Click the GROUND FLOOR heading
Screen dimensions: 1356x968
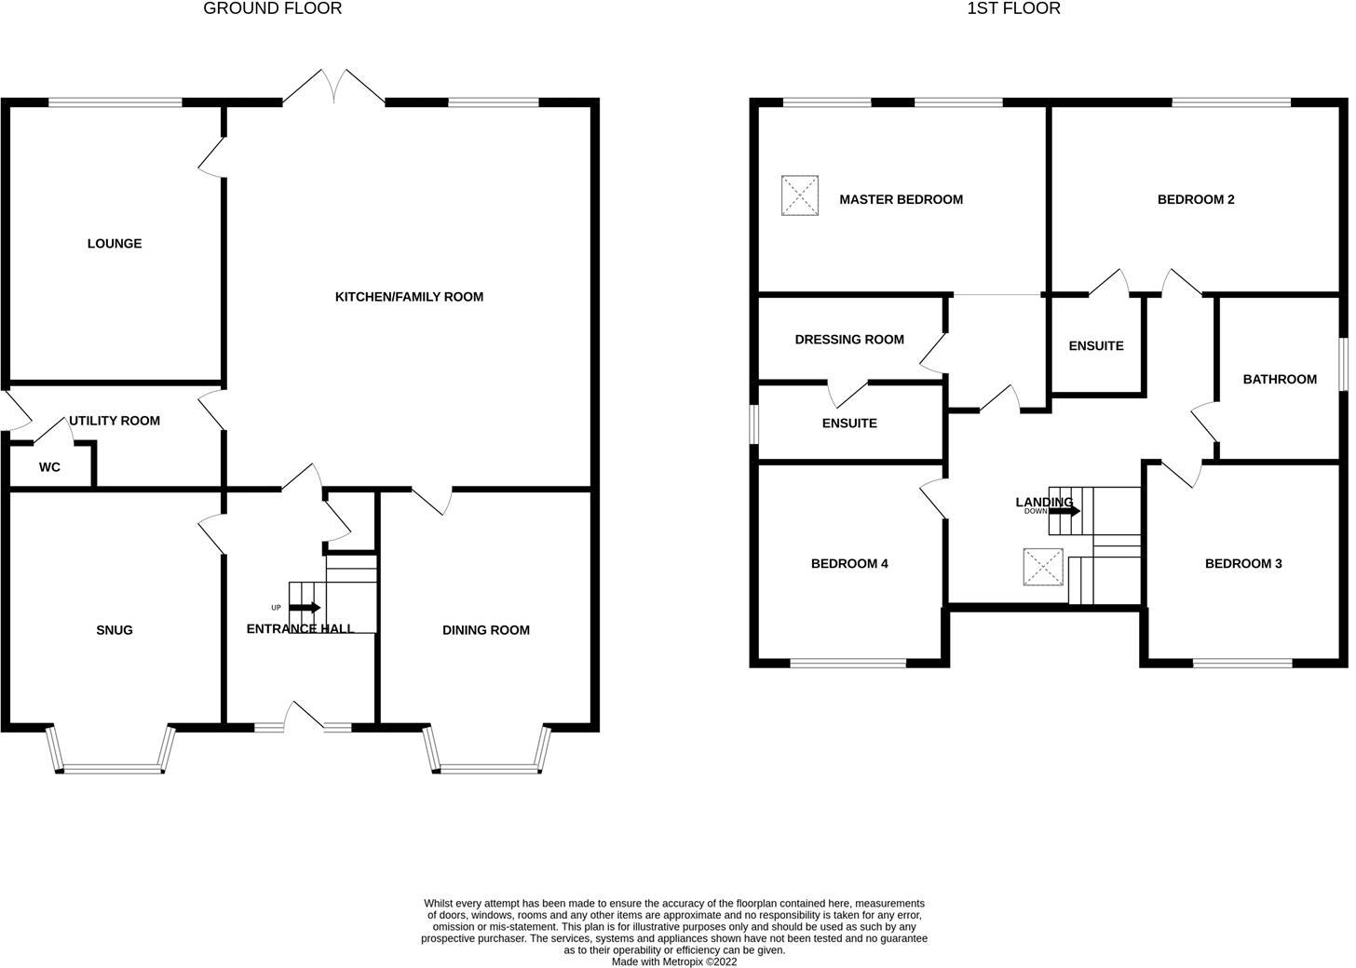click(272, 8)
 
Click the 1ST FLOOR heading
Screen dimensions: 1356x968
click(1013, 8)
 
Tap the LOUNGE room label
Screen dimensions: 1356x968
click(115, 243)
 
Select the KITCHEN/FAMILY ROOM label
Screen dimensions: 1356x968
click(409, 296)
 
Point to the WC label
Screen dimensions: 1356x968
click(49, 467)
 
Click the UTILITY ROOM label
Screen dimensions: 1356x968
click(115, 421)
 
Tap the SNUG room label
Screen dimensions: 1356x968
click(115, 630)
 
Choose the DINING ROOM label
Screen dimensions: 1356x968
click(486, 630)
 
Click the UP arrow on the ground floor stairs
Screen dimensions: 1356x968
click(305, 608)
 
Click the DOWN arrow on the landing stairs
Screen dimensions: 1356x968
click(1064, 511)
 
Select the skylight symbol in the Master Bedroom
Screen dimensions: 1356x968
click(800, 195)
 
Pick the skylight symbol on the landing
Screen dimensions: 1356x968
click(1043, 567)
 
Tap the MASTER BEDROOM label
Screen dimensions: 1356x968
click(901, 199)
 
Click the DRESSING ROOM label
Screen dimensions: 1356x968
click(849, 340)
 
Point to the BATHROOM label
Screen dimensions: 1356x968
click(1280, 380)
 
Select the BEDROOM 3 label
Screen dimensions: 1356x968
click(1243, 563)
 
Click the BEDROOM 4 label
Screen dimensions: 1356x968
click(849, 563)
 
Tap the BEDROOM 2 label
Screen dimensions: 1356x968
click(1196, 199)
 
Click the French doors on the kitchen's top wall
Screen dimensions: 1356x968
click(333, 87)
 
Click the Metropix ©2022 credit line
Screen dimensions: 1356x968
click(674, 962)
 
